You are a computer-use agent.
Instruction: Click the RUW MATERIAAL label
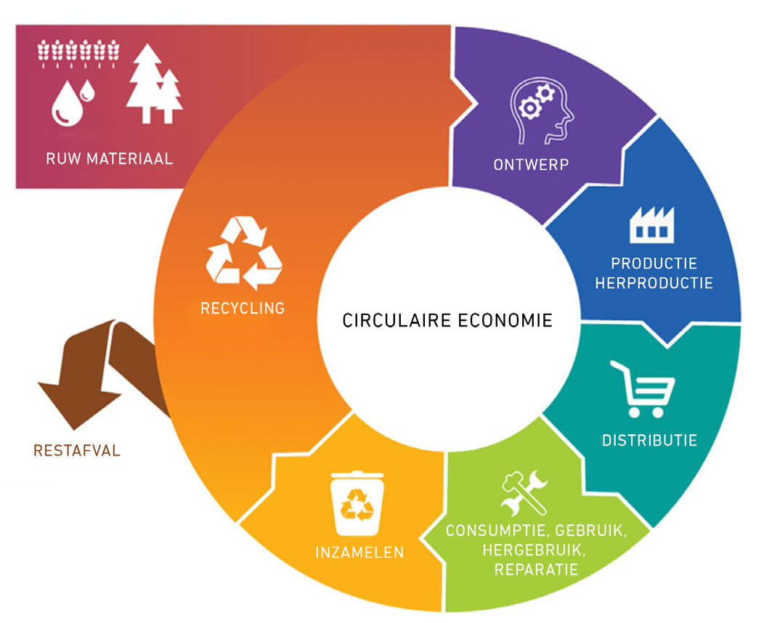pyautogui.click(x=110, y=158)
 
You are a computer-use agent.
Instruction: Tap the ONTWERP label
pyautogui.click(x=530, y=165)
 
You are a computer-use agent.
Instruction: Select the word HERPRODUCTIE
pyautogui.click(x=654, y=282)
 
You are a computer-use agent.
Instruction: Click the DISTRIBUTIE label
pyautogui.click(x=649, y=440)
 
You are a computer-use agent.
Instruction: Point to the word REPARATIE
pyautogui.click(x=537, y=569)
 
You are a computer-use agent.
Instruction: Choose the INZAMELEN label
pyautogui.click(x=359, y=553)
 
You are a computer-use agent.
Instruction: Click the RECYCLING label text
pyautogui.click(x=243, y=308)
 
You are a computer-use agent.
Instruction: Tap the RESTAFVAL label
pyautogui.click(x=77, y=451)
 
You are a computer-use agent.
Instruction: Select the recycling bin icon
pyautogui.click(x=358, y=503)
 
